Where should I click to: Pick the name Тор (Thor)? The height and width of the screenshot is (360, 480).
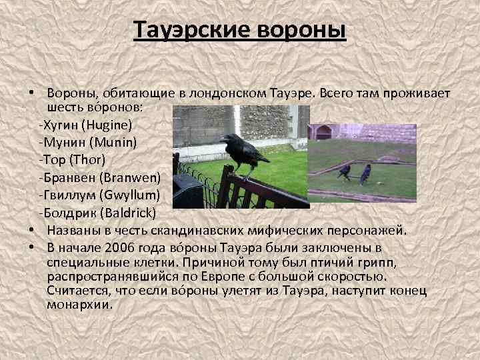click(x=72, y=160)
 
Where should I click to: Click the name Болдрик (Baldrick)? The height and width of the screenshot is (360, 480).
click(x=97, y=213)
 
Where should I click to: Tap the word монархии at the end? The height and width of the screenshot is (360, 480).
click(x=80, y=305)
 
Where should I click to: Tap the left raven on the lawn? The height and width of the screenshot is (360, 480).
click(x=345, y=173)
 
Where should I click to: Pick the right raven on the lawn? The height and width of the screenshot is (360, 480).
click(x=365, y=174)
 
